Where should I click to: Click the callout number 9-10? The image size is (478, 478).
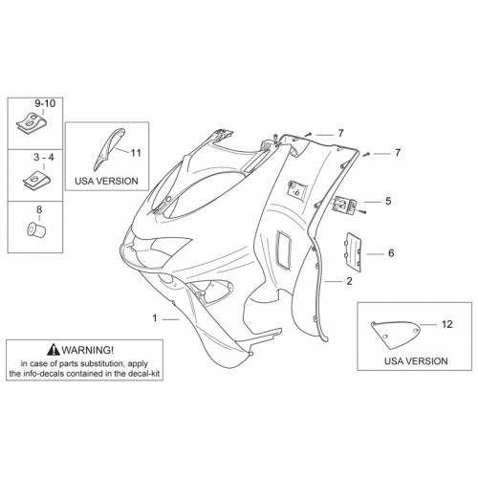click(45, 103)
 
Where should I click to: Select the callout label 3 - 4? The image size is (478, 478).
click(44, 158)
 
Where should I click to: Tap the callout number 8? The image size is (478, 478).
click(39, 209)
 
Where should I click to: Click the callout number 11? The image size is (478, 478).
click(136, 153)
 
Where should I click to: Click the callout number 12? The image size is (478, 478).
click(447, 324)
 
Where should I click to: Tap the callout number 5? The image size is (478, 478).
click(388, 201)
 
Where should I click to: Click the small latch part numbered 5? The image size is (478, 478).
click(345, 204)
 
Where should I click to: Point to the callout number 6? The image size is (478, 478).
click(391, 253)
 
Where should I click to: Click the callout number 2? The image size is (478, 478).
click(350, 281)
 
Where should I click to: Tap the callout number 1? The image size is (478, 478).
click(155, 318)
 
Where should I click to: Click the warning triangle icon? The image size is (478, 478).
click(54, 350)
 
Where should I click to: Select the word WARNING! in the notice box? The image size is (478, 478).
click(88, 350)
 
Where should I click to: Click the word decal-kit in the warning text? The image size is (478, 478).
click(145, 374)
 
